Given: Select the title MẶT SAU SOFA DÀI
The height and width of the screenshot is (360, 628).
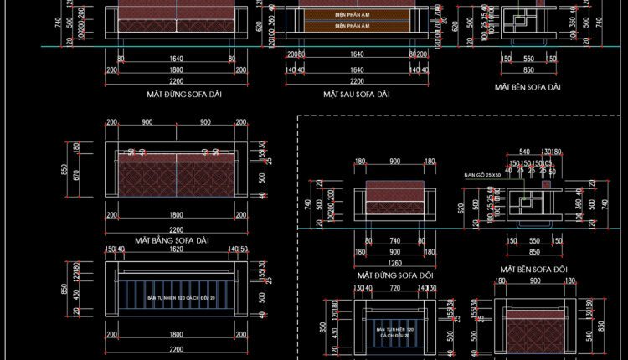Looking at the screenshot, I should click(357, 95).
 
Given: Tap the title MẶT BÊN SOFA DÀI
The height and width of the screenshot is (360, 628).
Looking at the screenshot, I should click(527, 86).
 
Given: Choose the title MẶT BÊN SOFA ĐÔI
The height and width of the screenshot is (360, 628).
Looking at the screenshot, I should click(533, 269).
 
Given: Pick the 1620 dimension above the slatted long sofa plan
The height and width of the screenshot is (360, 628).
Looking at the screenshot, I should click(175, 249).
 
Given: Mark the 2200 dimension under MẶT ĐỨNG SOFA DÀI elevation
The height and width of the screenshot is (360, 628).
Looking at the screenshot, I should click(175, 81).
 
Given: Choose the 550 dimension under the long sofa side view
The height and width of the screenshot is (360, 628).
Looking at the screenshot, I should click(528, 59).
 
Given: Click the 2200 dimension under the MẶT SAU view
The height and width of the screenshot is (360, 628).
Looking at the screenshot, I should click(357, 81).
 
